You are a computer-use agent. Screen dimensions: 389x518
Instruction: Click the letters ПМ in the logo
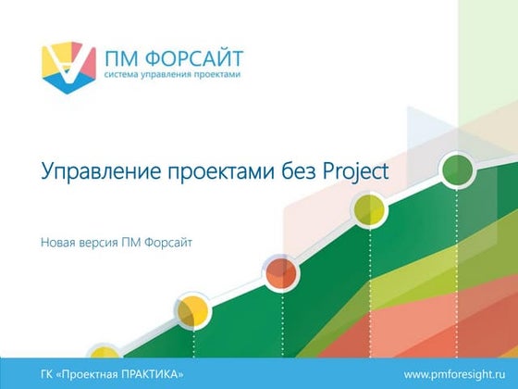click(125, 56)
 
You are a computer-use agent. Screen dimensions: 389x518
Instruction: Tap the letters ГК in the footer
click(49, 372)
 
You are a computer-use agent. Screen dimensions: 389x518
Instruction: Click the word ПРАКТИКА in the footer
click(154, 372)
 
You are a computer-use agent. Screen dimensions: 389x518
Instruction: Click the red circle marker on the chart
click(279, 273)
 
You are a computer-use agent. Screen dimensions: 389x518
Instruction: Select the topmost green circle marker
click(457, 169)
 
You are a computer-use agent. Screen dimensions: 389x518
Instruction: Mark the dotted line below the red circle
click(279, 324)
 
